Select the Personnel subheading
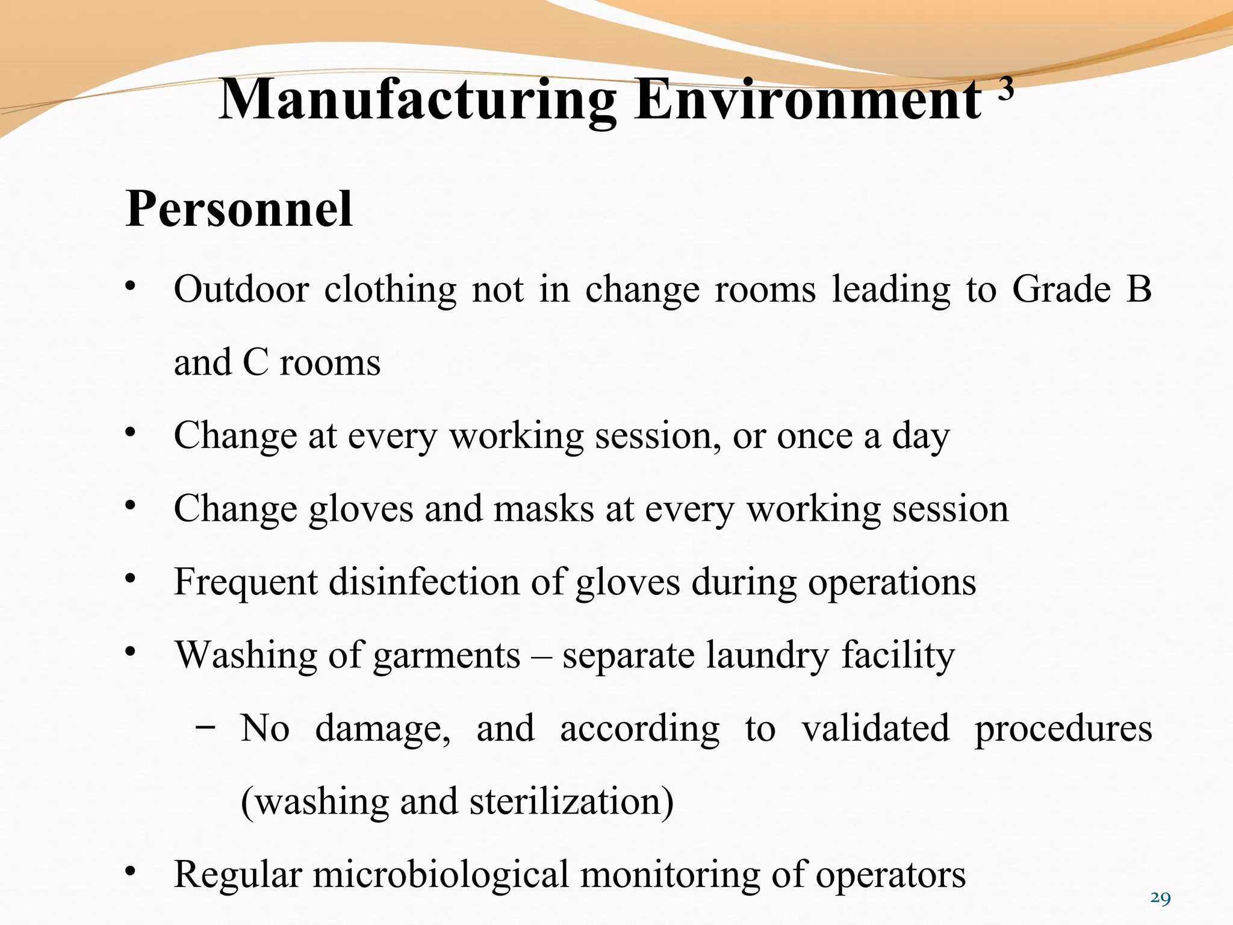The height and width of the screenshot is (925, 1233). coord(239,209)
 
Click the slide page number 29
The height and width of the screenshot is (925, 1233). coord(1160,899)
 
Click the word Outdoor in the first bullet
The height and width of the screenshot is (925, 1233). coord(241,289)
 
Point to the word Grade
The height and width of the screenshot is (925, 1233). coord(1061,289)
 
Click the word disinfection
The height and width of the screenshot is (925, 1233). coord(424,582)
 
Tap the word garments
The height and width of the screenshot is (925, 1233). coord(447,655)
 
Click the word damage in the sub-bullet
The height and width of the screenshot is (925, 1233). coord(383,729)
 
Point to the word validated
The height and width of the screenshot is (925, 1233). coord(875,729)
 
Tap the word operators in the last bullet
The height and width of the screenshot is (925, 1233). coord(890,875)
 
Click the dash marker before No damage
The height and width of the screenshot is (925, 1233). coord(205,727)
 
